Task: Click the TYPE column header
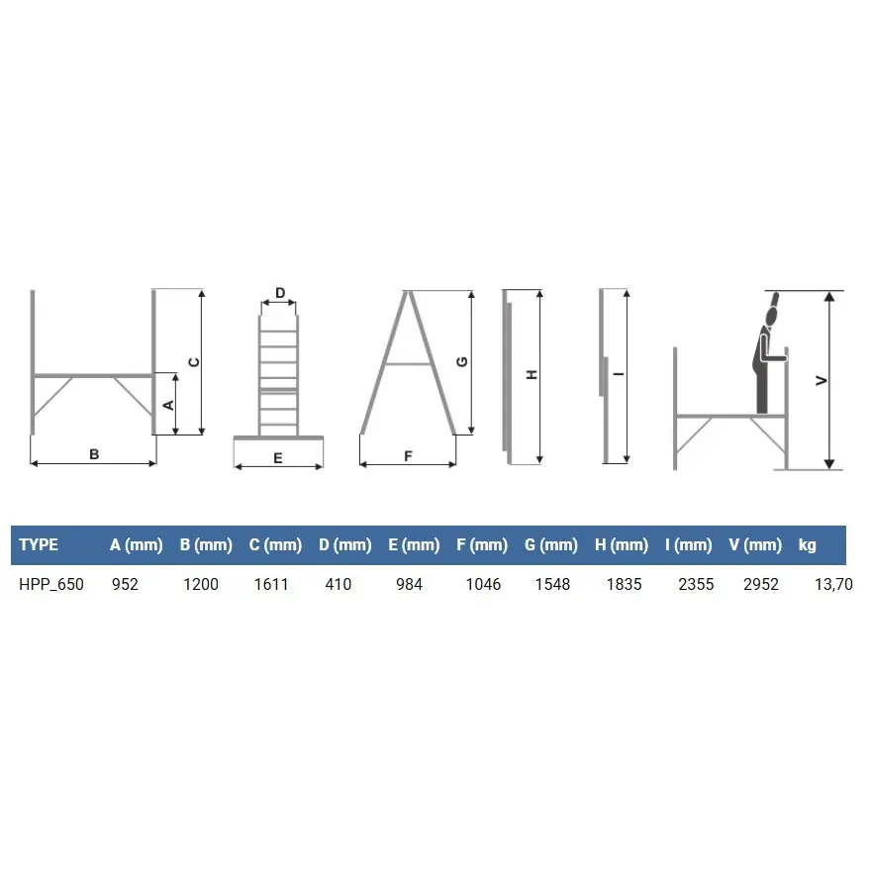point(39,545)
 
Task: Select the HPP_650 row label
point(51,584)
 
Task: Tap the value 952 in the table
point(125,584)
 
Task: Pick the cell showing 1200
point(201,584)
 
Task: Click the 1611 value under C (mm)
point(271,584)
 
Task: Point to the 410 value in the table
point(339,584)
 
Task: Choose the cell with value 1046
point(483,584)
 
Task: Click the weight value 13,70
point(833,584)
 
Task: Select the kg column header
point(807,545)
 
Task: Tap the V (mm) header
point(755,545)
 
